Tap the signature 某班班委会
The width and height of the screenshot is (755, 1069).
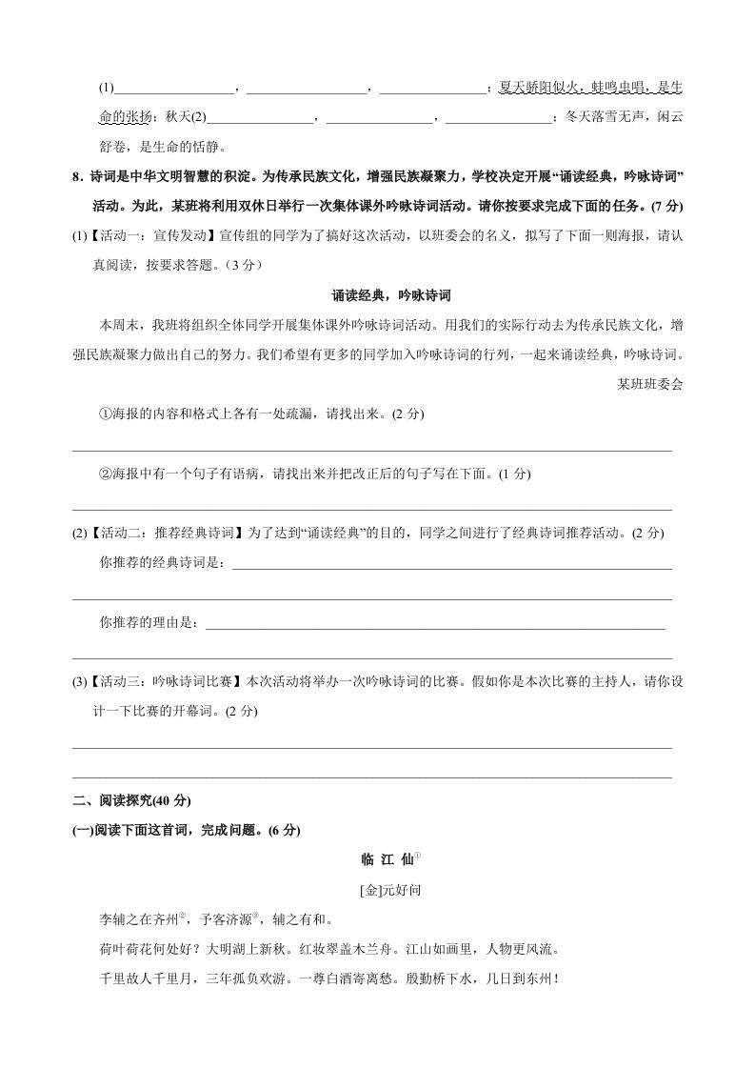pyautogui.click(x=650, y=384)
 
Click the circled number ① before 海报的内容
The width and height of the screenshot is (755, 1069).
pyautogui.click(x=106, y=413)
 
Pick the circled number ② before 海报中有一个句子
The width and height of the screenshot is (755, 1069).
pyautogui.click(x=106, y=474)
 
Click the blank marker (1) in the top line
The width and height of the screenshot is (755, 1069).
pyautogui.click(x=106, y=88)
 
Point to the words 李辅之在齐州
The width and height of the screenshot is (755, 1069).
pyautogui.click(x=139, y=919)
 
